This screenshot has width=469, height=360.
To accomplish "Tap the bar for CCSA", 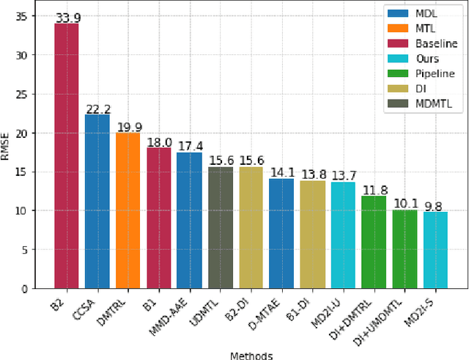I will click(x=97, y=201).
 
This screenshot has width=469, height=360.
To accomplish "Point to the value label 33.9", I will click(x=66, y=18).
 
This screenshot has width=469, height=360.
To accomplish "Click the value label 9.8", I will click(x=435, y=207).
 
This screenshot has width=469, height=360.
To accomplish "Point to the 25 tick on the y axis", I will click(x=29, y=95).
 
